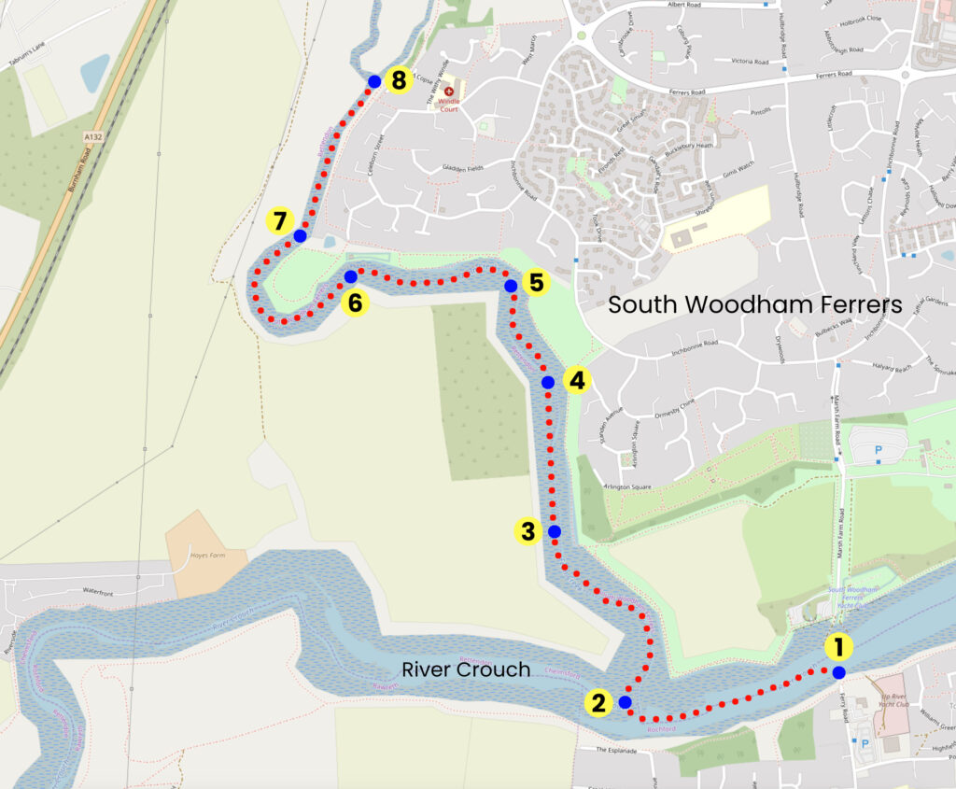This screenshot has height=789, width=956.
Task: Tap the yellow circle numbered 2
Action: [598, 703]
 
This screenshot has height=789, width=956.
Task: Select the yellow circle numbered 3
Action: [528, 531]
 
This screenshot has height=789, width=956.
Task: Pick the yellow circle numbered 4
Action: [577, 381]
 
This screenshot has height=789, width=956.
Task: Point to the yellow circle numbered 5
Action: [534, 282]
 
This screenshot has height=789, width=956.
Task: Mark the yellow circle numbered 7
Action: [279, 222]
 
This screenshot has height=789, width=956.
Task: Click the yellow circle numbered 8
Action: [399, 80]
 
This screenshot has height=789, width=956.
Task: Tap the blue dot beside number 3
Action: [555, 531]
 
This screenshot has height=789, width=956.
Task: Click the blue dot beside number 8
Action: [374, 81]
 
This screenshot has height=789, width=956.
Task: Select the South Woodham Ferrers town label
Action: [754, 304]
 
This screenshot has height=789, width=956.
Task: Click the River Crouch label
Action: [466, 669]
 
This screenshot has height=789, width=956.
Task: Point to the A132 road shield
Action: [91, 136]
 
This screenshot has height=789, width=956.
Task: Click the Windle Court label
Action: [449, 106]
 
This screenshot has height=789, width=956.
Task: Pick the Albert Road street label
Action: [689, 5]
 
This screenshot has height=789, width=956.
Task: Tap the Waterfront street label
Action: [103, 591]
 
